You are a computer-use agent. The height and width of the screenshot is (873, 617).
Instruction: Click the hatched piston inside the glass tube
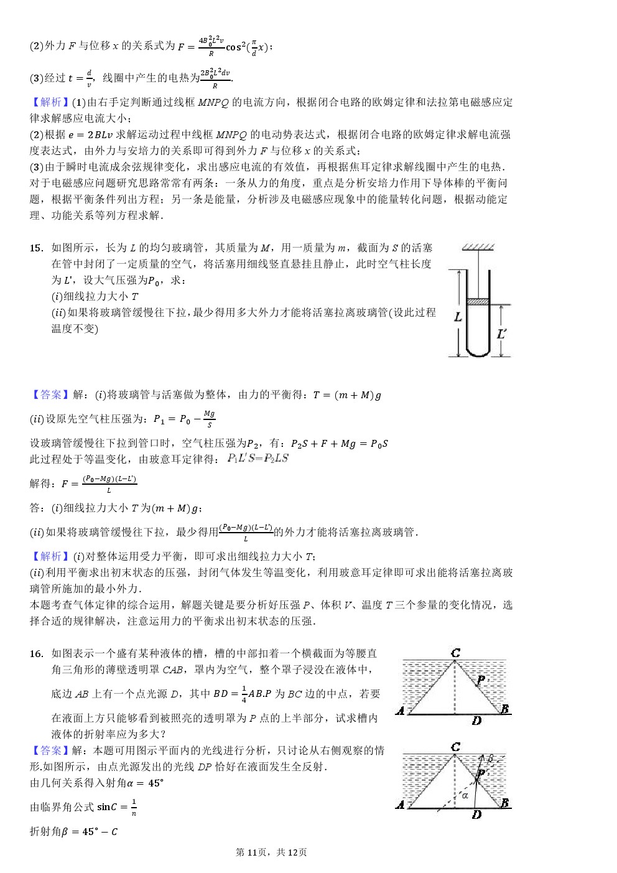point(477,302)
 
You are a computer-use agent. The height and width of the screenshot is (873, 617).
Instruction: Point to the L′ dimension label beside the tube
point(501,334)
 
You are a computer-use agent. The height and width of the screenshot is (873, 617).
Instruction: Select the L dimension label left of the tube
point(458,317)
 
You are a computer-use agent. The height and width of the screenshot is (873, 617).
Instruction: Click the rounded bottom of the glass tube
point(478,352)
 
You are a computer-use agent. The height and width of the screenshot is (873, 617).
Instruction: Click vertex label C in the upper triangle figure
point(455,653)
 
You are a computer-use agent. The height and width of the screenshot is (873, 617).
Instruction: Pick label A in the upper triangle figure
point(400,711)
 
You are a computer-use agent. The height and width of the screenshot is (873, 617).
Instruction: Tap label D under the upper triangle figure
point(476,721)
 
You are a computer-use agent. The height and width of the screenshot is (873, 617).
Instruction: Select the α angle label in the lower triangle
point(465,795)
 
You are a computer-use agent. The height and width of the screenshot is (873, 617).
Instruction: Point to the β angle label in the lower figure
point(490,759)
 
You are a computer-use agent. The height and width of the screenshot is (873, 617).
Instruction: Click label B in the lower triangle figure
point(504,803)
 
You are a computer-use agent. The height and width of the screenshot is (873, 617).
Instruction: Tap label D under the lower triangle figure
point(476,815)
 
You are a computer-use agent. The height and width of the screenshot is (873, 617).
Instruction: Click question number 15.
point(36,248)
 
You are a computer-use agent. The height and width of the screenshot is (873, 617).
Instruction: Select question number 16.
point(36,653)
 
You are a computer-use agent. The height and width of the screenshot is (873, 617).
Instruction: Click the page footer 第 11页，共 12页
point(271,852)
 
